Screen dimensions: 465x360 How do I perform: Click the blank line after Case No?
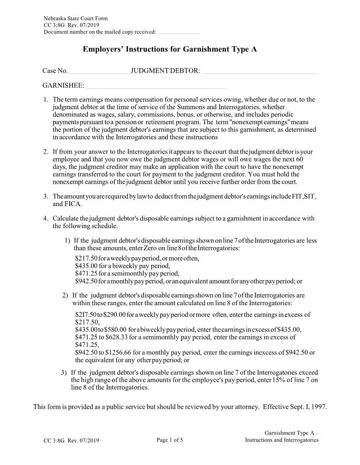99,72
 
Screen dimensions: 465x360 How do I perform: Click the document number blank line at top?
179,33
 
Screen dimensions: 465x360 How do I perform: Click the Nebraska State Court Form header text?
75,18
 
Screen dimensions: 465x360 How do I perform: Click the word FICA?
64,204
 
